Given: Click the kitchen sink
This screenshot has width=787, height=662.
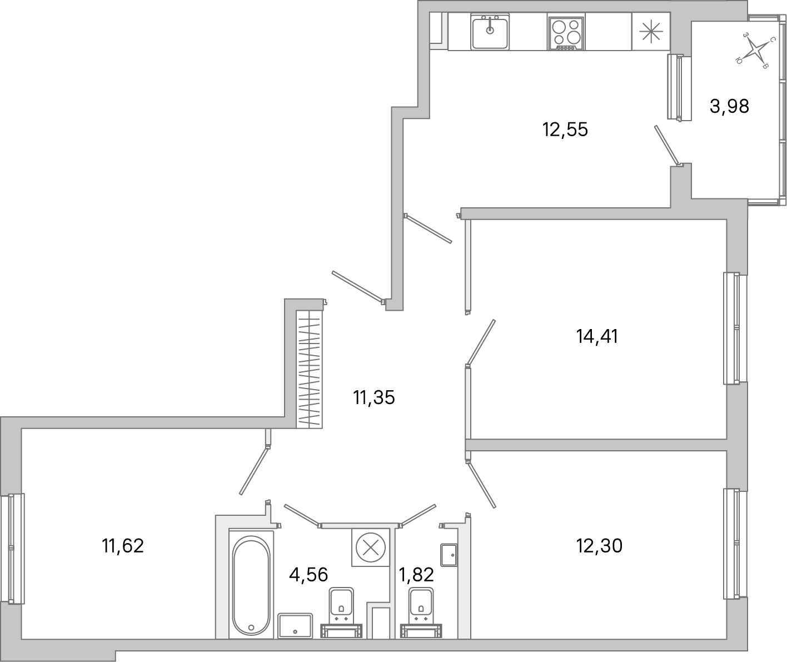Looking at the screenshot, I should point(490,32).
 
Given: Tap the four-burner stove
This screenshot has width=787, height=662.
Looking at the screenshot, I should point(566,33).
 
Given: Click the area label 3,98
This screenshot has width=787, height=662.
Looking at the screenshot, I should point(729,106).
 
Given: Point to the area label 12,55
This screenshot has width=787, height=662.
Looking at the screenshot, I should point(565,130).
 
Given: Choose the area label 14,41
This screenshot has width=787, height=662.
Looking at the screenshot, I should point(597,336).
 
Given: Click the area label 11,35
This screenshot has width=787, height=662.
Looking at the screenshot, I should point(373,397).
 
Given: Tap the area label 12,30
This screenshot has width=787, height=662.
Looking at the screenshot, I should point(600,546).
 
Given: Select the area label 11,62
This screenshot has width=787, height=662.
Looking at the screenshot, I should point(123,546).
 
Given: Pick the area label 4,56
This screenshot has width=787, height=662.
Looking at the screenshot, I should point(308,574).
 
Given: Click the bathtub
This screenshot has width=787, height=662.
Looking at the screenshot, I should point(251,585).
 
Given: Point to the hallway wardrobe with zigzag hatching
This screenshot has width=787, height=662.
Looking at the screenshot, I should point(310,369).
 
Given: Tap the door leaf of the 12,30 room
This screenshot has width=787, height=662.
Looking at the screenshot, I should point(481,485).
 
